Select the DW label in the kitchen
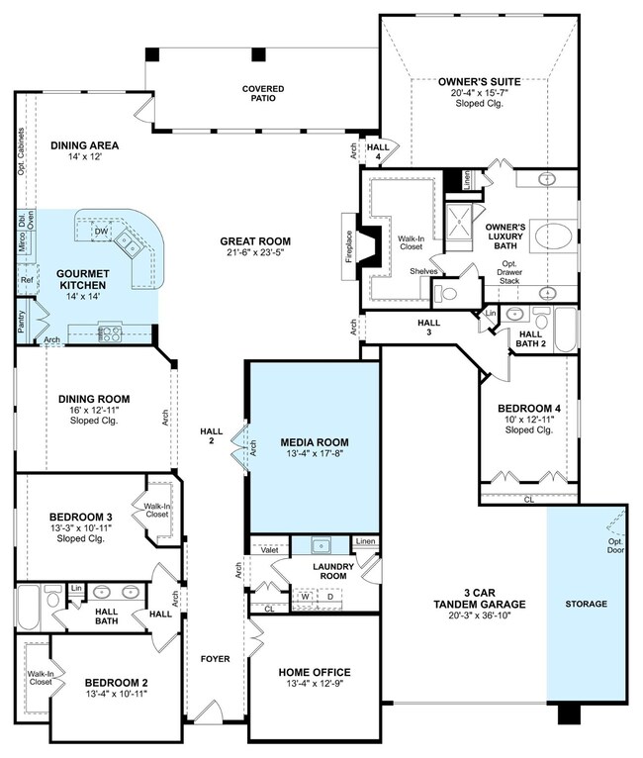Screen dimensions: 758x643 (x=101, y=231)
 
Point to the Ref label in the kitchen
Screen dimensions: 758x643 (x=26, y=281)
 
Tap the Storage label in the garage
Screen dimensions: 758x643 (x=586, y=604)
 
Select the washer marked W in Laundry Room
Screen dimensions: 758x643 (x=305, y=597)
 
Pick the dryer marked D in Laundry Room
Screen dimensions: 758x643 (x=330, y=597)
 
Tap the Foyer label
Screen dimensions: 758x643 (x=215, y=657)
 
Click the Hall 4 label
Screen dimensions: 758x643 (x=377, y=150)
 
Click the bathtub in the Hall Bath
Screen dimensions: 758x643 (x=26, y=607)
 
